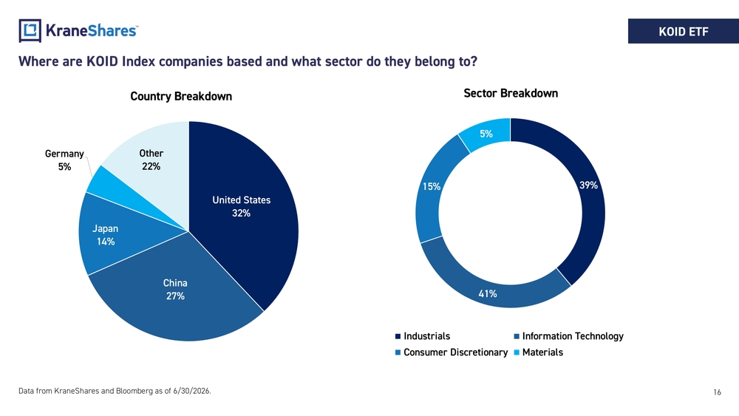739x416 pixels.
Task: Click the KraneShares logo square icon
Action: point(30,30)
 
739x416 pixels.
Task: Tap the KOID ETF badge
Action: point(684,31)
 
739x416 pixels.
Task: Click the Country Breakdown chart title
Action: point(181,97)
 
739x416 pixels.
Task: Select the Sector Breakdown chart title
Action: point(511,93)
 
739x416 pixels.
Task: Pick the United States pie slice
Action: point(245,208)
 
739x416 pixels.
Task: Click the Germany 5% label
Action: point(64,160)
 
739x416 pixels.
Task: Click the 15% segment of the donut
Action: point(430,188)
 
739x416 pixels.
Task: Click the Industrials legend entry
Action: point(423,336)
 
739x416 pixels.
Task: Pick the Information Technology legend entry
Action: point(569,336)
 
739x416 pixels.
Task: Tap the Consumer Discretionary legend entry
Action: point(452,352)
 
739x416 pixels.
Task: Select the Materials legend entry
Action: point(539,352)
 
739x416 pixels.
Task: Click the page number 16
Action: point(717,392)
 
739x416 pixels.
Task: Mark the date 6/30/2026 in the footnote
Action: point(191,391)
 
